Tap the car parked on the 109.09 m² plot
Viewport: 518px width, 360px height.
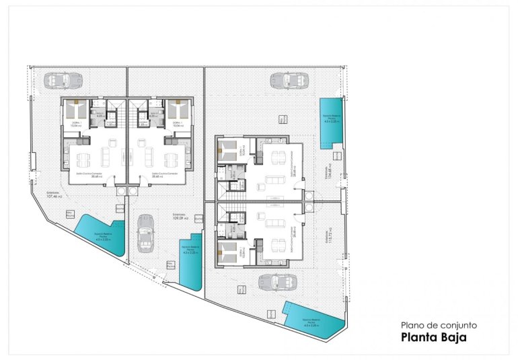[x=145, y=233]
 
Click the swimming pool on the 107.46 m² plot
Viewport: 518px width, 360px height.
[x=100, y=235]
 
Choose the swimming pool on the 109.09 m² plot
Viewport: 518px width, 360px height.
[x=191, y=261]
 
